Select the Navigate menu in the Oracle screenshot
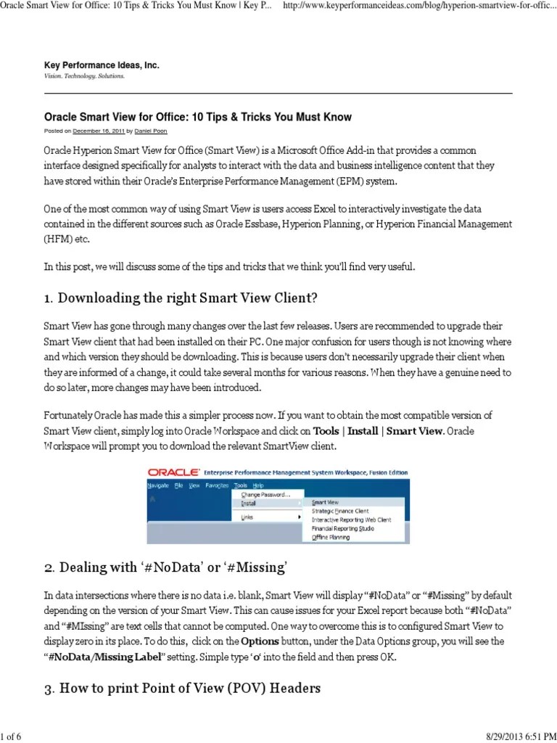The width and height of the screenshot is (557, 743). point(158,485)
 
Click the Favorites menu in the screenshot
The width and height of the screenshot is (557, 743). point(217,485)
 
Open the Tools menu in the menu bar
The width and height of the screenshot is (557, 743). point(241,485)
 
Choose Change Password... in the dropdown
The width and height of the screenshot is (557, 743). point(265,493)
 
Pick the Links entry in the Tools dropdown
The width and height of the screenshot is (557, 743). point(248,517)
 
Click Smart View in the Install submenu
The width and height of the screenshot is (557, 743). point(325,501)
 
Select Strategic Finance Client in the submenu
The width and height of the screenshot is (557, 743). point(339,511)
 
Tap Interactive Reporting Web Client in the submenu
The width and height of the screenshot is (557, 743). point(351,520)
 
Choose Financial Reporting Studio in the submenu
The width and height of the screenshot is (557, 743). point(342,529)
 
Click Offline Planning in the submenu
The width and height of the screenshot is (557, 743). point(331,538)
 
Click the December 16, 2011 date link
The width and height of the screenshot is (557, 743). point(99,131)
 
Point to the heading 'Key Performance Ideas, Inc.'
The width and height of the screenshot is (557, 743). point(102,65)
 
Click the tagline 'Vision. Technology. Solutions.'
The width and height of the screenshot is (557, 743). point(84,75)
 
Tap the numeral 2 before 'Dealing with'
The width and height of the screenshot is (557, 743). point(47,567)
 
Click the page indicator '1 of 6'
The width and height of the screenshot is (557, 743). point(11,737)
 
